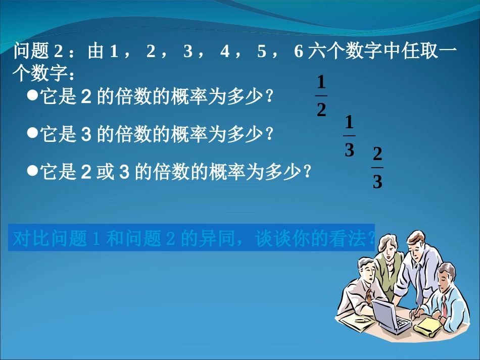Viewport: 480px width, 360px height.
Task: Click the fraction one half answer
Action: point(321,96)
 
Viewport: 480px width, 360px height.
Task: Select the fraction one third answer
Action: point(349,136)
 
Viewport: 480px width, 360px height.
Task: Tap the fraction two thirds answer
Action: point(377,168)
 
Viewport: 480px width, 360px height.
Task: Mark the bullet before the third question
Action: point(33,171)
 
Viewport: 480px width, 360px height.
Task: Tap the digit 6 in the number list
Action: point(298,52)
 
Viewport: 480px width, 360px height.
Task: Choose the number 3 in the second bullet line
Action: point(85,134)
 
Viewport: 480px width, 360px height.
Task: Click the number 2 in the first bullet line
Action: point(85,96)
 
